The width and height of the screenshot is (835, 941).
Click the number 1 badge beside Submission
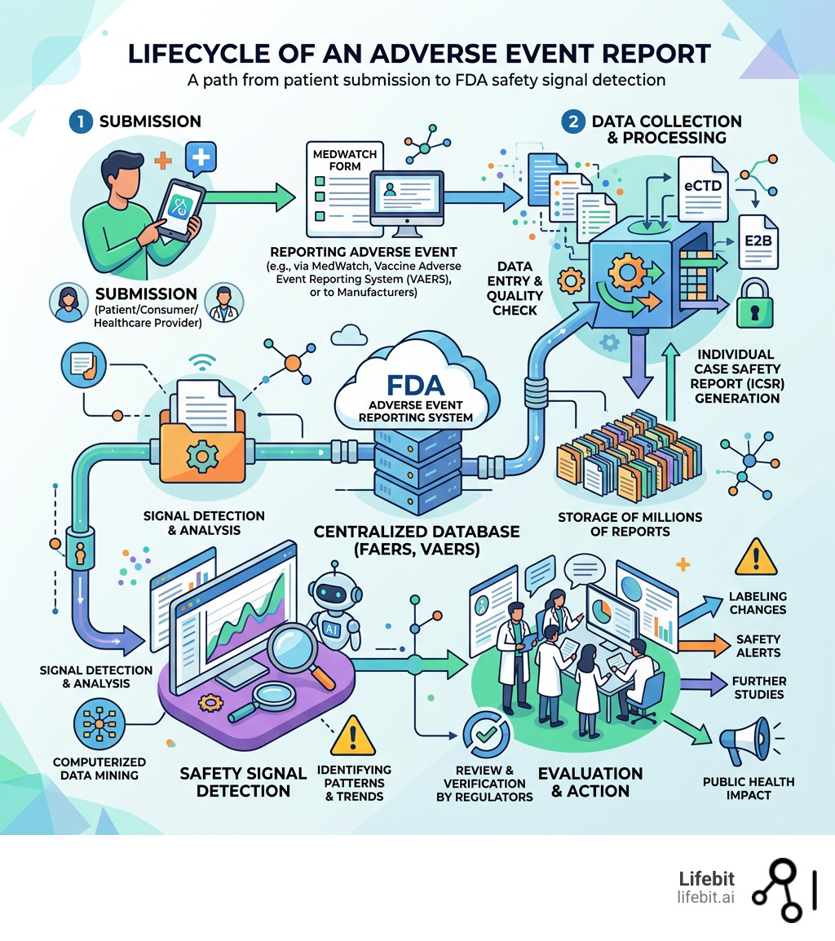(79, 121)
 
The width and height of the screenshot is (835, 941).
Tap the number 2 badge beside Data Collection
(574, 121)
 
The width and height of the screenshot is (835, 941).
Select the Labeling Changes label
(758, 603)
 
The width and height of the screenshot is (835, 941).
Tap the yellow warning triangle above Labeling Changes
(756, 557)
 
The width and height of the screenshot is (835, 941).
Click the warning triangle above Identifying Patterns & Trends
(352, 735)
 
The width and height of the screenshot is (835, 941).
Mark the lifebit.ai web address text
(705, 897)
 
